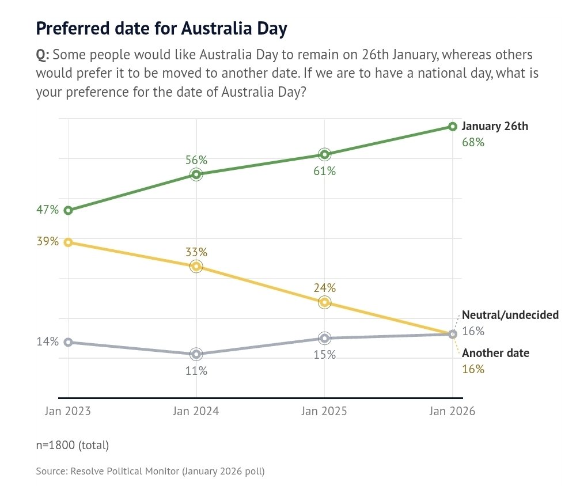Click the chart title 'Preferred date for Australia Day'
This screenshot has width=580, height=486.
161,29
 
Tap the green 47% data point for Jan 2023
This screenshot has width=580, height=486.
68,210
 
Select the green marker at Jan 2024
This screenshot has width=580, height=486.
196,174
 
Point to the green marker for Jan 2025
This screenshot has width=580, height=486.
325,154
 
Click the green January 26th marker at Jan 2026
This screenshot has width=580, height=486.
453,127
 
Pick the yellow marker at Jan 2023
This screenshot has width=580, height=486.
68,242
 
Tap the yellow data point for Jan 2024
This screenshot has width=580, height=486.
196,266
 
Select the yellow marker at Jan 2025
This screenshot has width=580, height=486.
325,302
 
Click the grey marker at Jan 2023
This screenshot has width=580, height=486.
68,342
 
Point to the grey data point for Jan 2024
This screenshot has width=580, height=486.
196,354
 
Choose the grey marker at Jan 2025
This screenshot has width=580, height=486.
325,338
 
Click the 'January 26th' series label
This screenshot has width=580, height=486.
495,127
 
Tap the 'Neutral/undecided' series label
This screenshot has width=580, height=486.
510,315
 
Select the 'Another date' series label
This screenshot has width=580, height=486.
495,353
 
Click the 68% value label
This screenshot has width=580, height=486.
473,142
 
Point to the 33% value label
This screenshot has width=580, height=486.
196,252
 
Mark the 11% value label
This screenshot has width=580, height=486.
196,371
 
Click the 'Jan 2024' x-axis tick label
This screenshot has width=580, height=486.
196,412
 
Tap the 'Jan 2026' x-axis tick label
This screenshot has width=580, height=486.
453,412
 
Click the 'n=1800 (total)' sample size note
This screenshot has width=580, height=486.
72,445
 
